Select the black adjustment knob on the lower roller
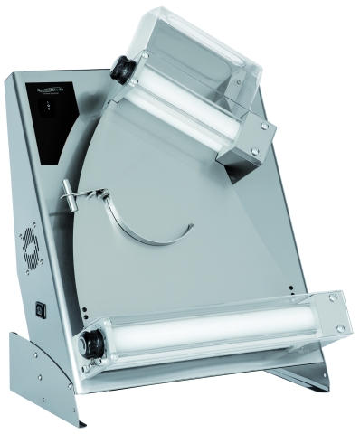click(x=93, y=344)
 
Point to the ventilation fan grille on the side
click(x=29, y=247)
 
